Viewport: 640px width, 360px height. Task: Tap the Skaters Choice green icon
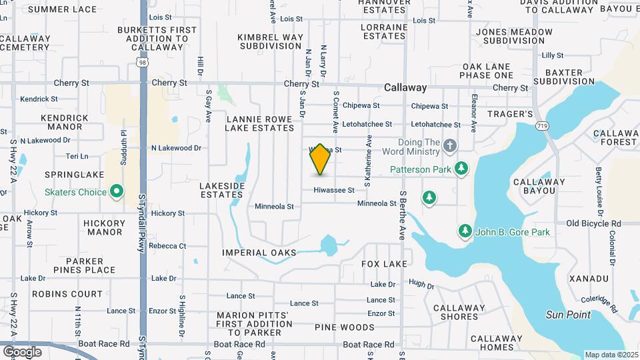coord(117,192)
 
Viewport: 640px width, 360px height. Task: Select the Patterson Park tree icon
coord(460,168)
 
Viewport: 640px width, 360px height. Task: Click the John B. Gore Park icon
coord(465,231)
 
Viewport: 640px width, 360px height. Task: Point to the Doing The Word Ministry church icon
coord(450,145)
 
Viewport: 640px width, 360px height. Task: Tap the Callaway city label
coord(405,87)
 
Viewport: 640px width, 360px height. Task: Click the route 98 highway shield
coord(143,62)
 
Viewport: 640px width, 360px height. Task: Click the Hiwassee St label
coord(335,190)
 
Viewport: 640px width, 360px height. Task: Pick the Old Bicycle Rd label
coord(594,224)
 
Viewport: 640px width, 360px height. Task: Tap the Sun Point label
coord(568,315)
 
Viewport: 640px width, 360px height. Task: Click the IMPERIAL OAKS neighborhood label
coord(259,253)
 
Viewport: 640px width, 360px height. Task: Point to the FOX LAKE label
coord(384,264)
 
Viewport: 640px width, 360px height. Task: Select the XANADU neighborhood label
coord(589,278)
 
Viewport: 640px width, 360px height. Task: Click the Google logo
coord(22,351)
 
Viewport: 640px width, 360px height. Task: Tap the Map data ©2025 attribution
coord(611,355)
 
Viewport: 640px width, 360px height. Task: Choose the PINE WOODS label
coord(345,327)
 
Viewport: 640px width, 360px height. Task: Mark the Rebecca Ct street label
coord(167,246)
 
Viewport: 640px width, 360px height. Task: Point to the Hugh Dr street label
coord(421,285)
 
